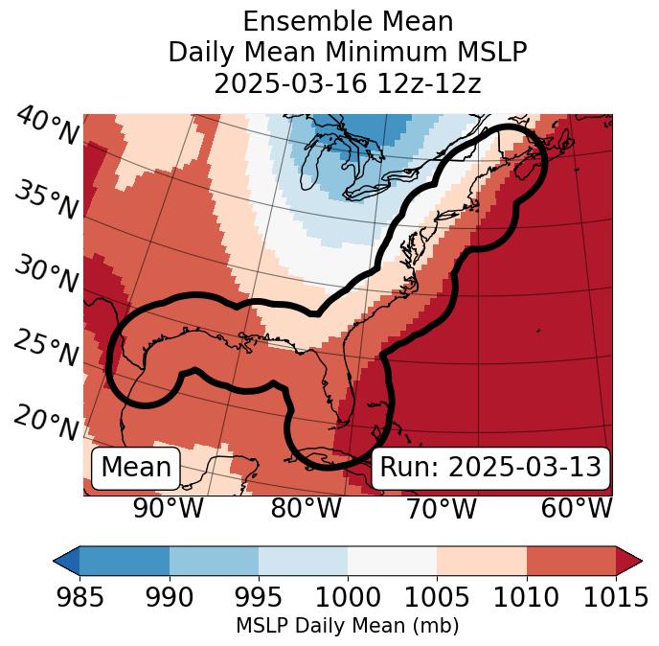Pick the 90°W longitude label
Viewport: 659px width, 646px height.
coord(169,508)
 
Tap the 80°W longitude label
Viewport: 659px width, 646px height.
coord(306,508)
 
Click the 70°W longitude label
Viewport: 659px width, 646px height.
coord(441,508)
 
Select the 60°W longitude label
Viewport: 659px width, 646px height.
coord(577,508)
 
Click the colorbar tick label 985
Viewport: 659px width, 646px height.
coord(80,597)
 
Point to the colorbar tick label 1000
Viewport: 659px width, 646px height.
coord(348,597)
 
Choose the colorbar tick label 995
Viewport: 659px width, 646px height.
coord(259,597)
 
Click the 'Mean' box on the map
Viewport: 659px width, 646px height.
coord(136,468)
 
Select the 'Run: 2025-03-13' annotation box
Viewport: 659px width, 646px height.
coord(490,468)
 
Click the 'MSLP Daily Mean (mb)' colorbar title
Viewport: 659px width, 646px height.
coord(347,626)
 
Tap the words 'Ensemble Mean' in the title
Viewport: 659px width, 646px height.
coord(348,21)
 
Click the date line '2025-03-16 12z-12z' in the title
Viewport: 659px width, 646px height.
coord(348,83)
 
